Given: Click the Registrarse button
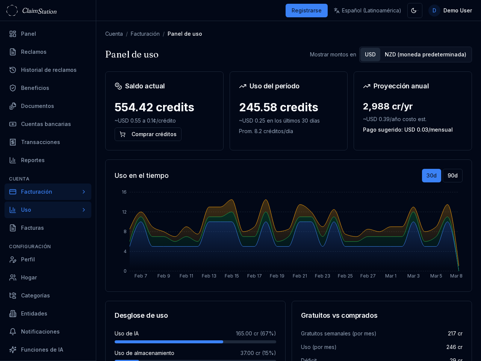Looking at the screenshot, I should [306, 11].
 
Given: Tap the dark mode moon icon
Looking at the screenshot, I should [414, 11].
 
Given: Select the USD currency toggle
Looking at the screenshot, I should [370, 55].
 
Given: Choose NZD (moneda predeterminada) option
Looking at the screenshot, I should [425, 55].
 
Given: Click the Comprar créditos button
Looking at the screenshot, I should [148, 134].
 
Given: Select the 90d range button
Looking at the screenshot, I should [452, 176].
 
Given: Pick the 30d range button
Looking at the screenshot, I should [431, 176].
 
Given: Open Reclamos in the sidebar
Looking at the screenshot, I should [34, 52].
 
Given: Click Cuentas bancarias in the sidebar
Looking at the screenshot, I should [46, 124].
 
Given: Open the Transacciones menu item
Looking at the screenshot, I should [41, 142].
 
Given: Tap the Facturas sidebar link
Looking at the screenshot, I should [32, 228].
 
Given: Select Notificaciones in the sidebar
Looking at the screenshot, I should [40, 332].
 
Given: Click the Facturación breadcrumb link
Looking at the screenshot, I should [145, 34].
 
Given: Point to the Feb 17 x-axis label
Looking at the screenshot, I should [254, 276].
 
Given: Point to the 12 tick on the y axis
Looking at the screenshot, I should [124, 212].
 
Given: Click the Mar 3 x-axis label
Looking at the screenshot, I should [413, 276].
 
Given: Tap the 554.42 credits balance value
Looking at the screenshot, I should [154, 107].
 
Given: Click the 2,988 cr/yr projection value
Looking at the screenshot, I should [388, 106].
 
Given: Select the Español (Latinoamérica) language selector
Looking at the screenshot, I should [367, 11].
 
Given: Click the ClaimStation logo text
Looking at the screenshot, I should [39, 11].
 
